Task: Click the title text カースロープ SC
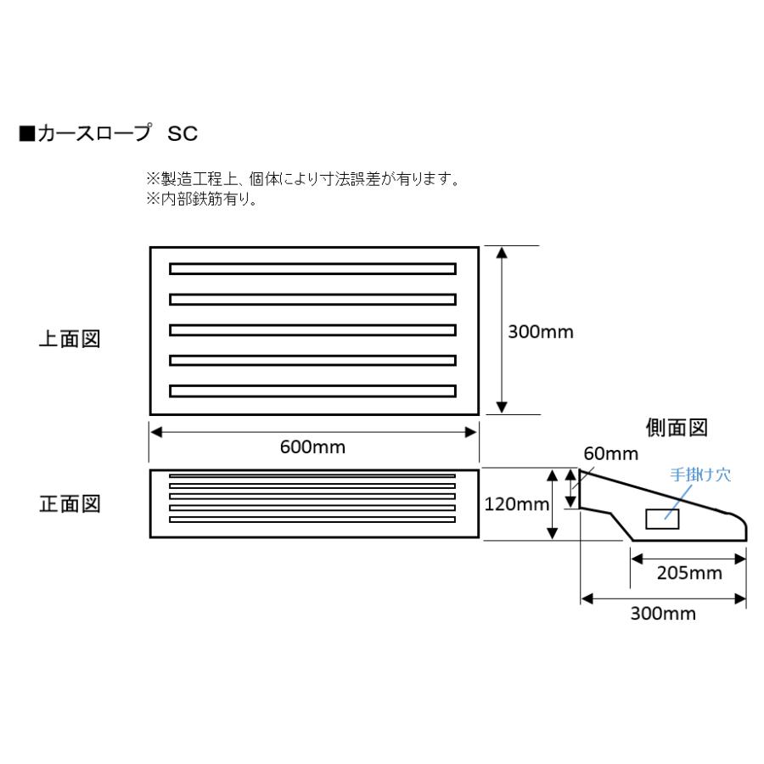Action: point(115,134)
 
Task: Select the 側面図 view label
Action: point(677,429)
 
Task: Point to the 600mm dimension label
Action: point(313,447)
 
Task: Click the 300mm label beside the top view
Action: point(541,332)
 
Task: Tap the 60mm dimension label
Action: point(610,455)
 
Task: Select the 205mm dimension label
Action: point(688,573)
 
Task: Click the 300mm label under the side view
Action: point(663,614)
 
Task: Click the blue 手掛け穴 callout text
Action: point(700,475)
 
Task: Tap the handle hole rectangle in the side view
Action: point(662,519)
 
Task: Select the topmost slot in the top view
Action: point(312,269)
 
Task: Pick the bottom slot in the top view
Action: point(312,391)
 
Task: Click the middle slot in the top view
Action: point(312,330)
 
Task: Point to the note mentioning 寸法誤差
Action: point(303,180)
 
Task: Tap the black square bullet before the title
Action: point(25,134)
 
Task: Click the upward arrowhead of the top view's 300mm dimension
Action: point(502,253)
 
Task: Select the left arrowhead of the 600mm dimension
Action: point(156,431)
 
